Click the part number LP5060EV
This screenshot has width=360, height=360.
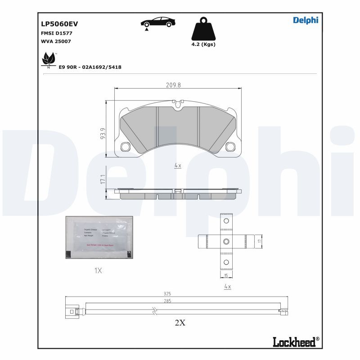tap(56, 24)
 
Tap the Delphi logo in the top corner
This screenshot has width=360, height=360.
tap(306, 20)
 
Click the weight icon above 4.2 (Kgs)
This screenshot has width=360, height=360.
tap(203, 29)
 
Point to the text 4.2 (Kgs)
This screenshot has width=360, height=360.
tap(203, 44)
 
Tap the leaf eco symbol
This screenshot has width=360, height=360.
tap(48, 59)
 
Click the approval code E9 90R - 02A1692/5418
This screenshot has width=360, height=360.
tap(90, 67)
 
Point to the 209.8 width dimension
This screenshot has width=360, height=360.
tap(173, 85)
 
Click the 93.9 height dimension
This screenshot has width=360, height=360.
tap(103, 134)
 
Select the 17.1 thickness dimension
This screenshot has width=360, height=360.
tap(103, 180)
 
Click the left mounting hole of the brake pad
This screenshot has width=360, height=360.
tap(125, 146)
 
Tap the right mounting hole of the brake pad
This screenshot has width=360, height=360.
tap(230, 146)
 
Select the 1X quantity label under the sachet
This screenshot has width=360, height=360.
tap(98, 270)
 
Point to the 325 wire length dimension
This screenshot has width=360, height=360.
tap(167, 293)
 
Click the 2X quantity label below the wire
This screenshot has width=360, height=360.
tap(180, 322)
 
